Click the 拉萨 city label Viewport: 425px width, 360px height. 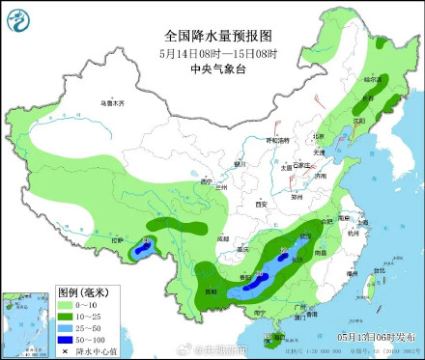[118, 239]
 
